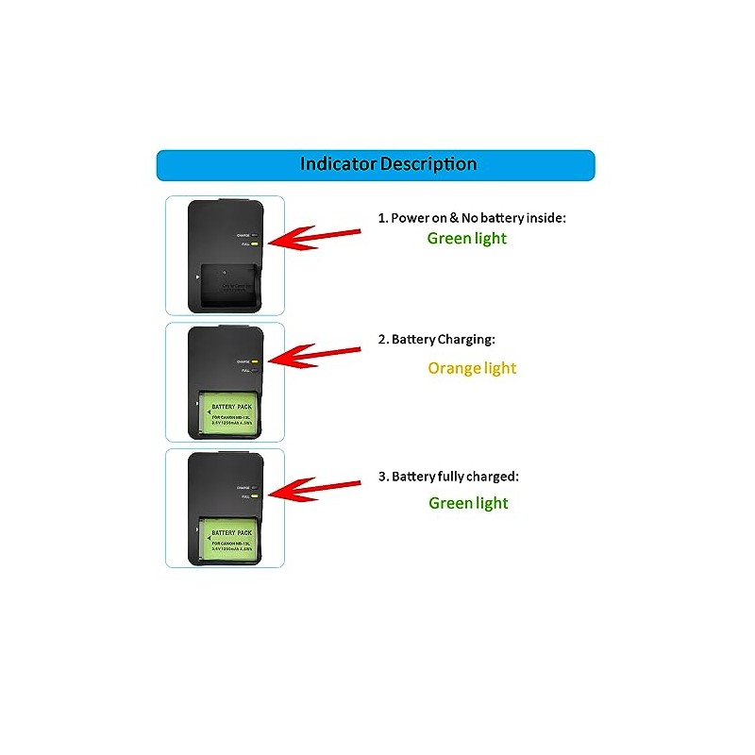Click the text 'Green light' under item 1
coord(466,239)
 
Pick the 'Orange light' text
coord(472,368)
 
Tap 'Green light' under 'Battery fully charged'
coord(468,503)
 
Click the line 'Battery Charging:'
coord(443,338)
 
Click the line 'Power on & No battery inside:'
coord(472,218)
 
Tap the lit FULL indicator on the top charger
coord(255,243)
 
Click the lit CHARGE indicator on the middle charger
coord(255,361)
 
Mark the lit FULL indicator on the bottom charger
coord(255,496)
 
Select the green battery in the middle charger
coord(228,409)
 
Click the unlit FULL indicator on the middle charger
coord(255,370)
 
